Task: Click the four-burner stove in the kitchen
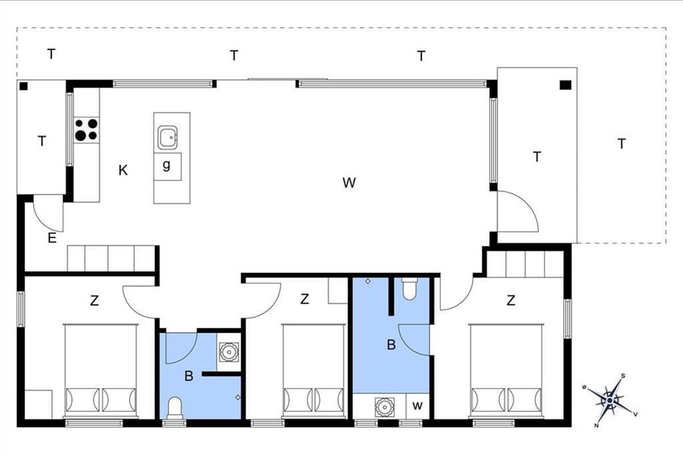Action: pyautogui.click(x=87, y=130)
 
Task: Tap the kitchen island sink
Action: pyautogui.click(x=167, y=138)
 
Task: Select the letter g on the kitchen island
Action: pyautogui.click(x=166, y=165)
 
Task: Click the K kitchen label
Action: pyautogui.click(x=123, y=171)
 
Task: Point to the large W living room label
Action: pyautogui.click(x=349, y=183)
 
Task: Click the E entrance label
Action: pyautogui.click(x=52, y=238)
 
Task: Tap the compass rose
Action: pyautogui.click(x=610, y=400)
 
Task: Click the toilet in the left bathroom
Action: pyautogui.click(x=175, y=407)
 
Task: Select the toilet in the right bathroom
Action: pyautogui.click(x=409, y=288)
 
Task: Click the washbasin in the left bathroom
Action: pyautogui.click(x=229, y=352)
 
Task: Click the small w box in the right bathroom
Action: pyautogui.click(x=418, y=406)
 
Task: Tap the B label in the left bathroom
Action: pyautogui.click(x=189, y=376)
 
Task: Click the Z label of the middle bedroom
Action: pyautogui.click(x=305, y=299)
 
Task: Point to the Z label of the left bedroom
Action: pyautogui.click(x=94, y=301)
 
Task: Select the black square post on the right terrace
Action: pyautogui.click(x=566, y=85)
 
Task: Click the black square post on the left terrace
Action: pyautogui.click(x=23, y=86)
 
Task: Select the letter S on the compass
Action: pyautogui.click(x=623, y=376)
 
